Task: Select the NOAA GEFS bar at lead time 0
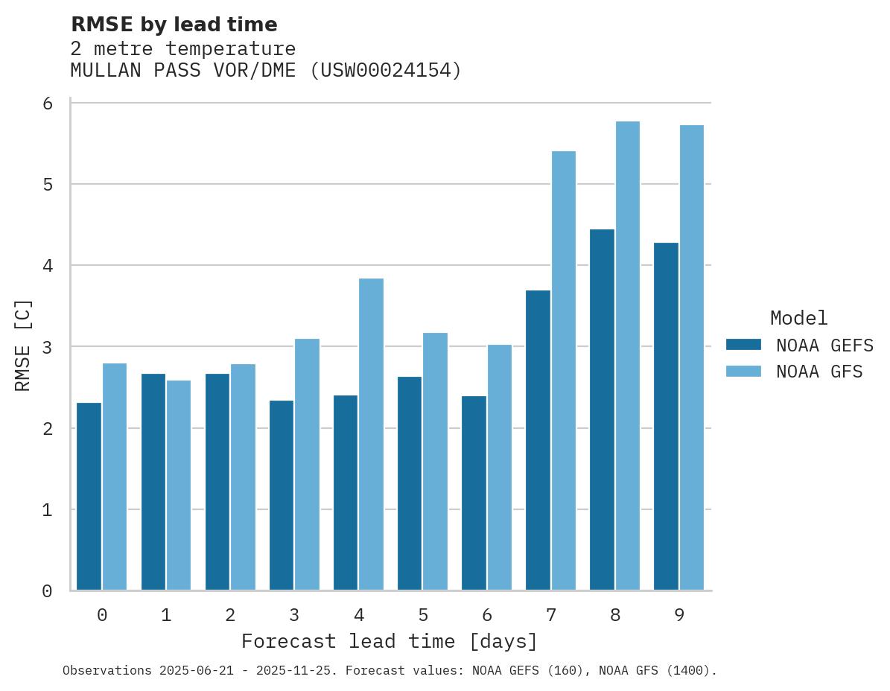[89, 497]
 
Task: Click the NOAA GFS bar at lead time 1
[179, 485]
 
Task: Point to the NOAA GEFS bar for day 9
[666, 416]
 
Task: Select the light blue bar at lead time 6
[499, 468]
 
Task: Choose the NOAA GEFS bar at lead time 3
[282, 495]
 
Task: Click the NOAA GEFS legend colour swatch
[743, 345]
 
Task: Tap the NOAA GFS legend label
[819, 372]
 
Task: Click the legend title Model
[798, 318]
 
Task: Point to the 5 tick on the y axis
[47, 184]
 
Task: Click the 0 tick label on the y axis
[47, 591]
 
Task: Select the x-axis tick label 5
[423, 615]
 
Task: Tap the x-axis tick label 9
[679, 615]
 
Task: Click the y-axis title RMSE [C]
[23, 345]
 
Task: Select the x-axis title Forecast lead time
[389, 641]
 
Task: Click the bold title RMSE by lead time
[174, 25]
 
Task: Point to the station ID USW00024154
[385, 71]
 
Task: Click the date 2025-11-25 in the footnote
[296, 671]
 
